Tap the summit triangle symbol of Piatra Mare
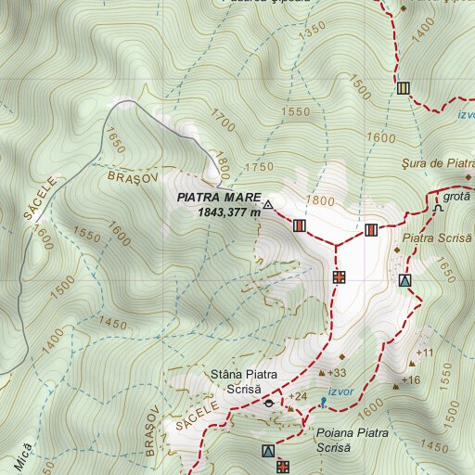[268, 205]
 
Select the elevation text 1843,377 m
[228, 212]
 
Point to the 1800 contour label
[318, 200]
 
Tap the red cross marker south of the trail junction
[340, 276]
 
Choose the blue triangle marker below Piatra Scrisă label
[404, 280]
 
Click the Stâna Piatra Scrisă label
[241, 380]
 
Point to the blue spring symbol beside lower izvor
[322, 402]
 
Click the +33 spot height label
[336, 373]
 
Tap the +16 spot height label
[411, 380]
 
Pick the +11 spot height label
[425, 353]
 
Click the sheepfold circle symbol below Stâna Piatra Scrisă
[269, 404]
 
